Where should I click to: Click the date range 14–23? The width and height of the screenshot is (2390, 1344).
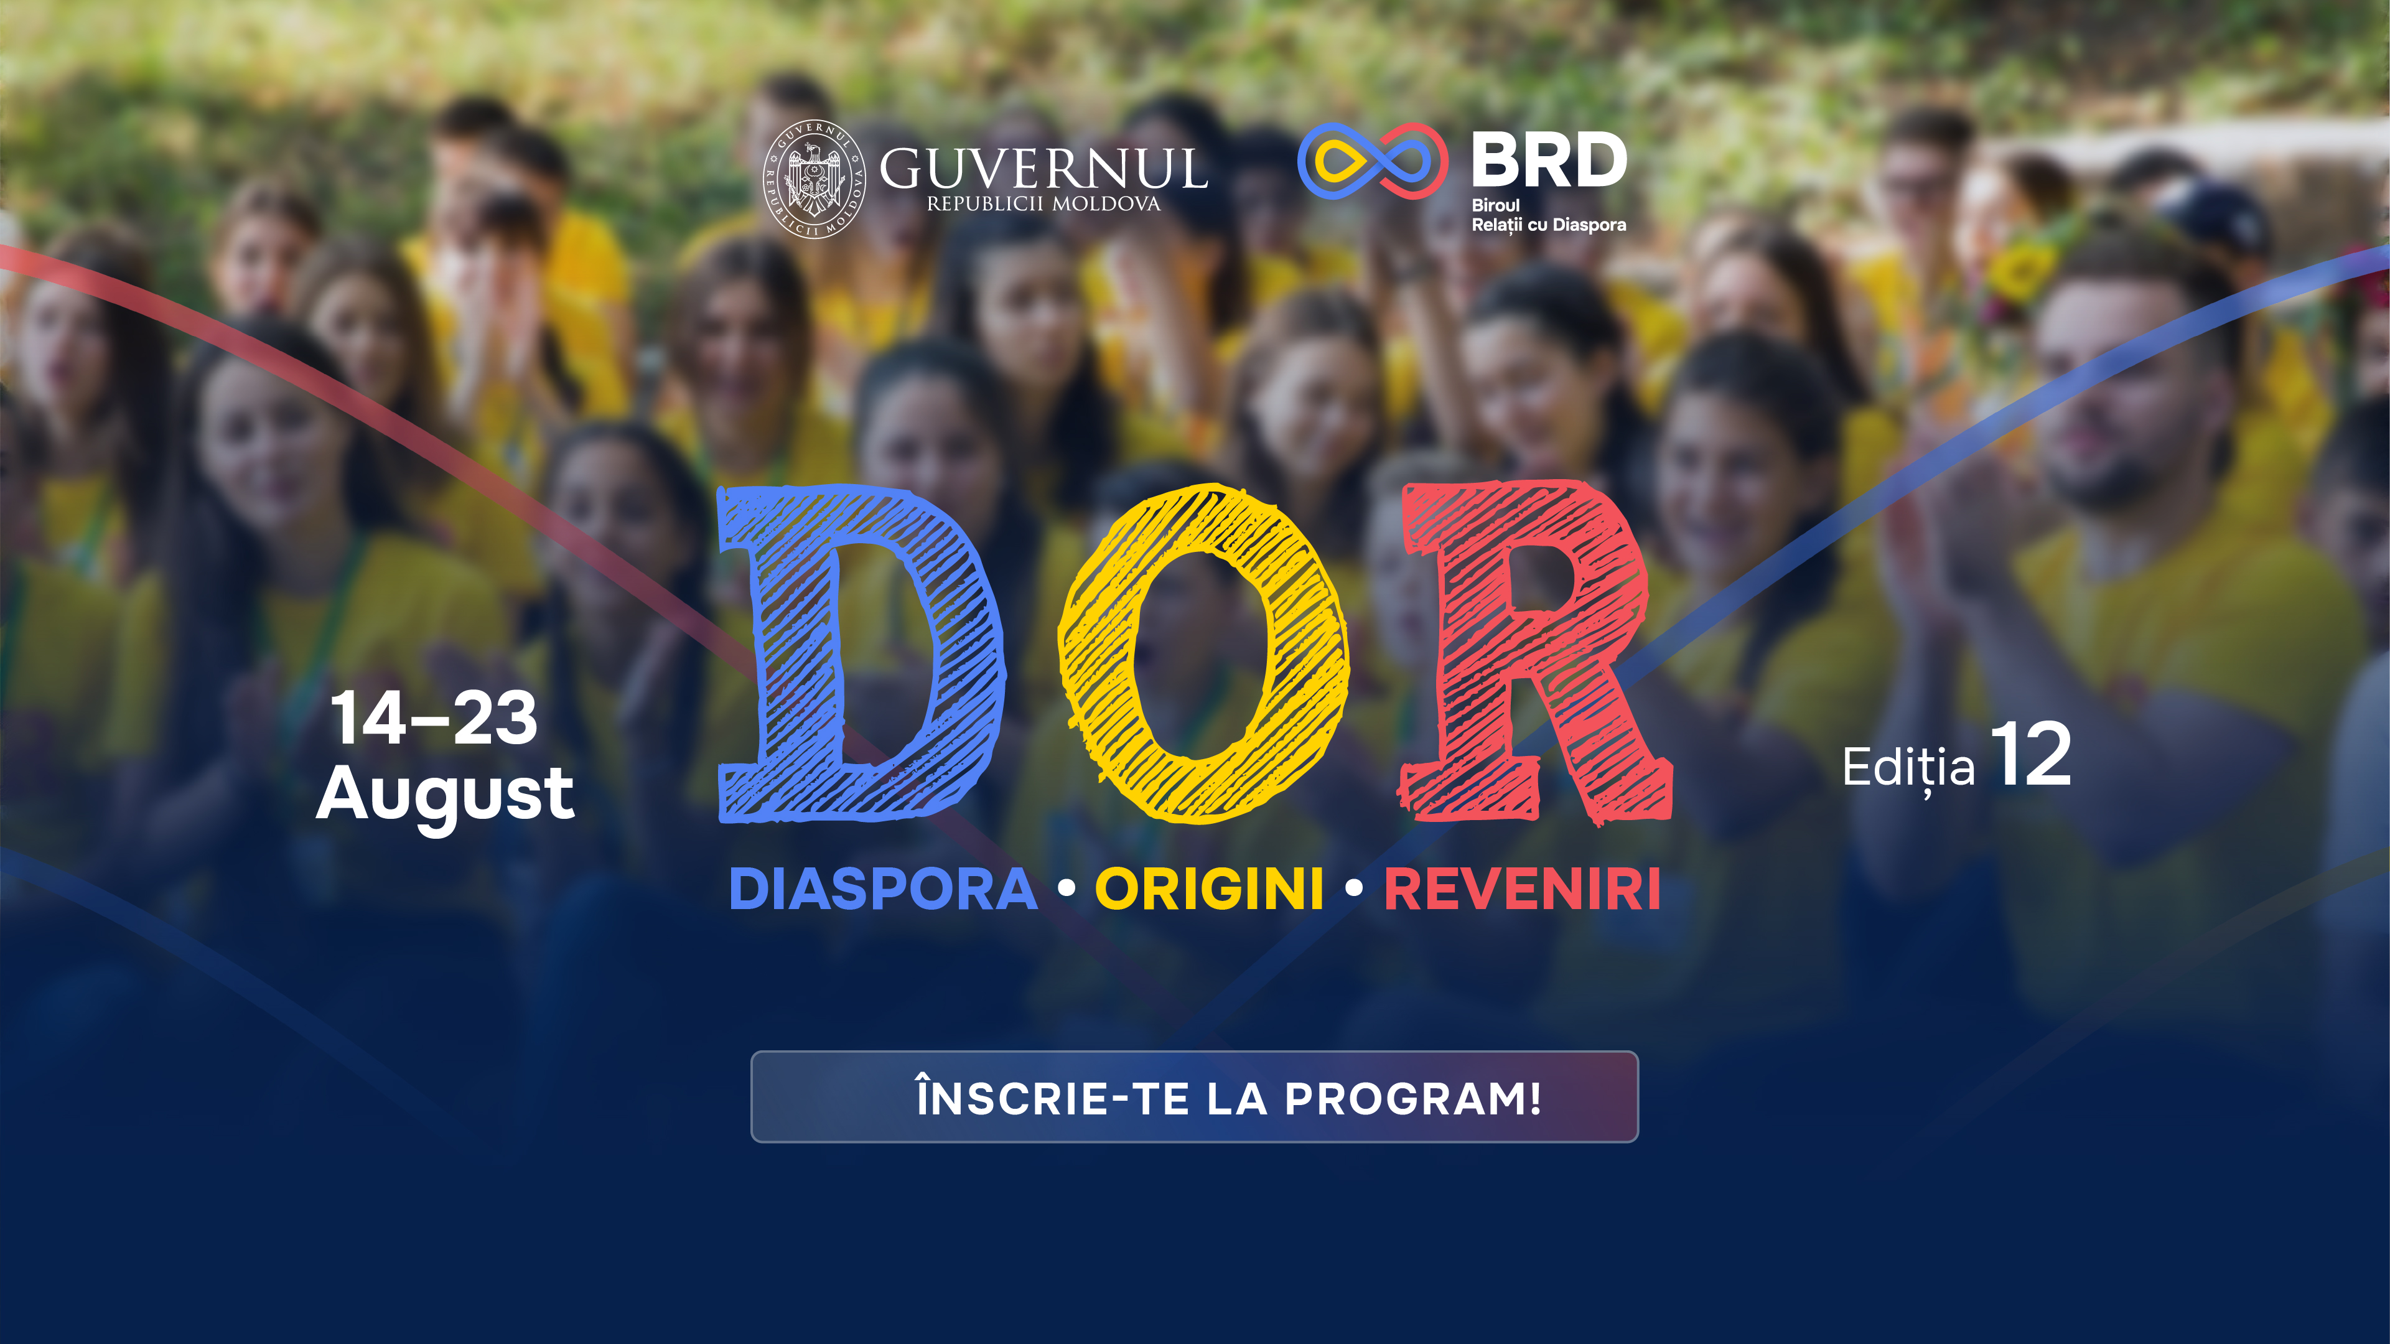433,719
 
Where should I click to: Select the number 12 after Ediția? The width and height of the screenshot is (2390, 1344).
2030,756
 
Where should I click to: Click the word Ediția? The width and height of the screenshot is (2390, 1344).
1908,768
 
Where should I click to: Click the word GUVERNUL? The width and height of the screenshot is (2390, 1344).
1043,169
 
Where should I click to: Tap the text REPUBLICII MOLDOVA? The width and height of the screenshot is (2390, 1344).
1043,204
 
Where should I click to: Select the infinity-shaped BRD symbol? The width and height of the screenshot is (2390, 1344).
1372,161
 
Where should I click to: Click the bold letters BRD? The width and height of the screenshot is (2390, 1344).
1549,161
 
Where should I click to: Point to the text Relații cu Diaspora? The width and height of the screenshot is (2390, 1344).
1549,225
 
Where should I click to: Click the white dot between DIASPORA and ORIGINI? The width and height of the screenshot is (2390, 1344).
1066,889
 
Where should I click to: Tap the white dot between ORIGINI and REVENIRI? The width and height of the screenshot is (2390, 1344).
1353,889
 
